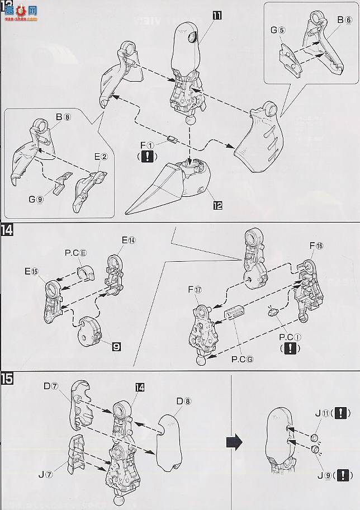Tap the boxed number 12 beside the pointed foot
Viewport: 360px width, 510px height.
pos(217,205)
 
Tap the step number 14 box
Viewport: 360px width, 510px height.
pos(7,230)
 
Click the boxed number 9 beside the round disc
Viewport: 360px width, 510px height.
pos(116,347)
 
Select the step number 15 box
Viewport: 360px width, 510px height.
pos(7,379)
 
